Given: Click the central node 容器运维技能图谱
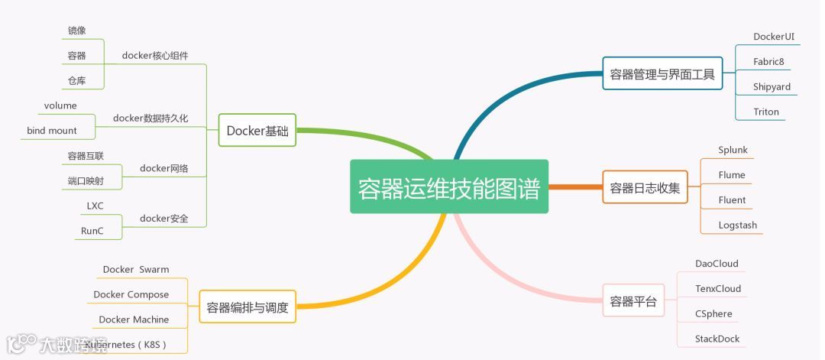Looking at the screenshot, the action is click(x=449, y=187).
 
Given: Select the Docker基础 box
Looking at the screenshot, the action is click(x=257, y=131).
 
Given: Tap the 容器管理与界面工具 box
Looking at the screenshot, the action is click(x=662, y=74).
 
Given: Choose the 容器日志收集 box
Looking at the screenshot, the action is click(x=645, y=187).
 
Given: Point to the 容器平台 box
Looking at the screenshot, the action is click(x=633, y=301).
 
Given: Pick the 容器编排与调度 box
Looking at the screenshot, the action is click(x=247, y=308).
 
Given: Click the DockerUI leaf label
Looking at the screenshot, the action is click(x=774, y=37).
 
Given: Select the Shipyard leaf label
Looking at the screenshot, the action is click(x=772, y=86).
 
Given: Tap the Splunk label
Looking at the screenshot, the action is click(x=733, y=150).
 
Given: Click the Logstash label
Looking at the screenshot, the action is click(x=737, y=225).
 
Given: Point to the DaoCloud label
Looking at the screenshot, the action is click(x=717, y=264).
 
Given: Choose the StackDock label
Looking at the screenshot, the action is click(x=717, y=339).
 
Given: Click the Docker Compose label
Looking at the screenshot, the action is click(x=131, y=294).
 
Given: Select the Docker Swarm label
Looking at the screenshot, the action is click(x=136, y=269).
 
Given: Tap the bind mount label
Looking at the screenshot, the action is click(x=52, y=131).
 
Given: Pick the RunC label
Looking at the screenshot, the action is click(x=92, y=231).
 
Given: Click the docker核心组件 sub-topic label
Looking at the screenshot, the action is click(x=155, y=55).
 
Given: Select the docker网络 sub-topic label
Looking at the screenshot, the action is click(x=163, y=168).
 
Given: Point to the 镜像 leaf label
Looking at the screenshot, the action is click(x=76, y=31).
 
